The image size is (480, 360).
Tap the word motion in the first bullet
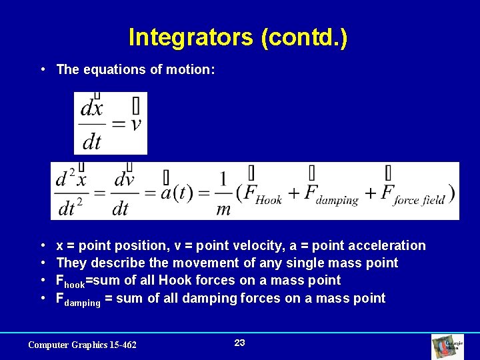[x=192, y=69]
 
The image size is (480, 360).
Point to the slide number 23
[x=240, y=343]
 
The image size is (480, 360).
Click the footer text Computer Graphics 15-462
[x=82, y=345]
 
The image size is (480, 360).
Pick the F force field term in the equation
[x=413, y=193]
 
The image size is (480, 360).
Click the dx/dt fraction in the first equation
[x=91, y=124]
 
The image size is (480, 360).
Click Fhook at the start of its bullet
[x=70, y=281]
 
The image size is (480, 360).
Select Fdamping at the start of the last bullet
[x=78, y=299]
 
